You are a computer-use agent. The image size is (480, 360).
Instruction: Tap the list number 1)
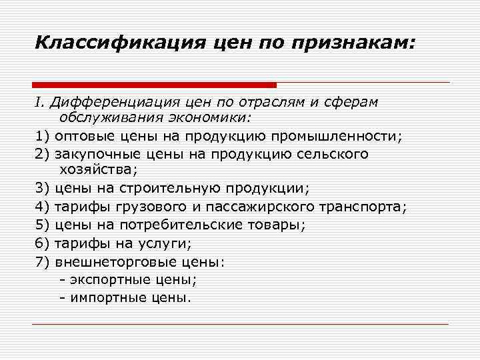tap(43, 136)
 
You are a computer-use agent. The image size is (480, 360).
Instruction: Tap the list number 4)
tap(43, 207)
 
